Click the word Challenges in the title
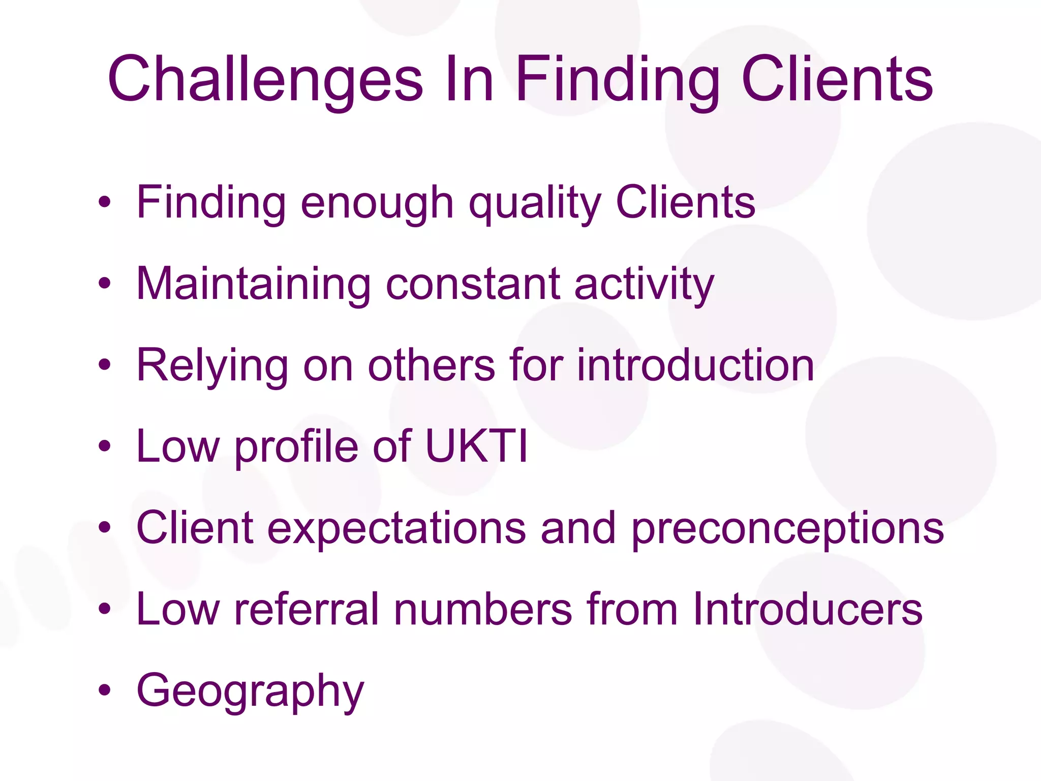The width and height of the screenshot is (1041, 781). (x=265, y=79)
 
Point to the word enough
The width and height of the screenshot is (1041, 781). (x=377, y=203)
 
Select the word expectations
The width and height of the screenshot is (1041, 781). (x=396, y=529)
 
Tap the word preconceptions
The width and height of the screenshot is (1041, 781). (x=787, y=529)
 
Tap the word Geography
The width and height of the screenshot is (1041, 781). (x=250, y=692)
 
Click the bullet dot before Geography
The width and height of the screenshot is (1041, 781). (x=105, y=690)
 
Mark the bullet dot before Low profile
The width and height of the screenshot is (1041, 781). (x=105, y=446)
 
